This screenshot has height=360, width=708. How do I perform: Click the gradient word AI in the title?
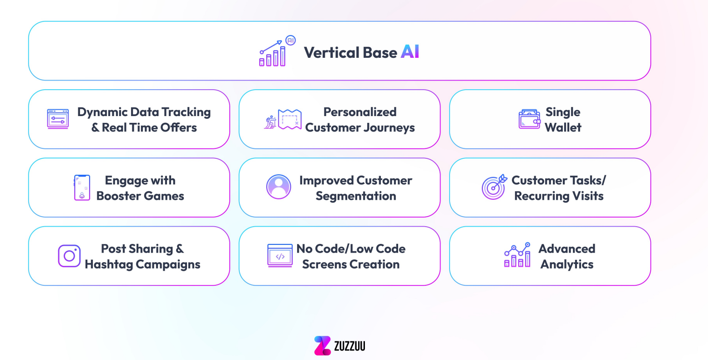point(410,52)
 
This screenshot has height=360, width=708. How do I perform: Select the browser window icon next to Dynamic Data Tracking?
point(58,119)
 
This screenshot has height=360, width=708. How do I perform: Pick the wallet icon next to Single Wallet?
point(529,119)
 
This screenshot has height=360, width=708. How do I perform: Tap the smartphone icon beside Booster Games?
point(82,188)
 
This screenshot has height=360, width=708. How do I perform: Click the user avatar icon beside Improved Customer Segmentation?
point(278,187)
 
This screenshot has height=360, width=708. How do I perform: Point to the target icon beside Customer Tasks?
point(494,187)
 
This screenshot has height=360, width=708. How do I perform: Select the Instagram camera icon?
point(69,256)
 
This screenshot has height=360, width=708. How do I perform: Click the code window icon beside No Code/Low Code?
point(280,256)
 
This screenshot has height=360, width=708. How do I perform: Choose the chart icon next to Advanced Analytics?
point(517,255)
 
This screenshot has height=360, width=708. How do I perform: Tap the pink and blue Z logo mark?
point(323,346)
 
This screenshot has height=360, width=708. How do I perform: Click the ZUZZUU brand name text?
point(349,346)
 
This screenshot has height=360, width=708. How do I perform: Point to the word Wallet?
point(563,127)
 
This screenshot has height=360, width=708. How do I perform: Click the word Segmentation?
point(356,196)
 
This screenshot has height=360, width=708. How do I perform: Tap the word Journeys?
point(389,128)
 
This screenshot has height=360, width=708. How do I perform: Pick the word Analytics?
point(567,264)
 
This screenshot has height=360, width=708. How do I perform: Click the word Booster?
point(118,196)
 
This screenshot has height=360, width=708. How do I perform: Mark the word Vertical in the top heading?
point(331,53)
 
